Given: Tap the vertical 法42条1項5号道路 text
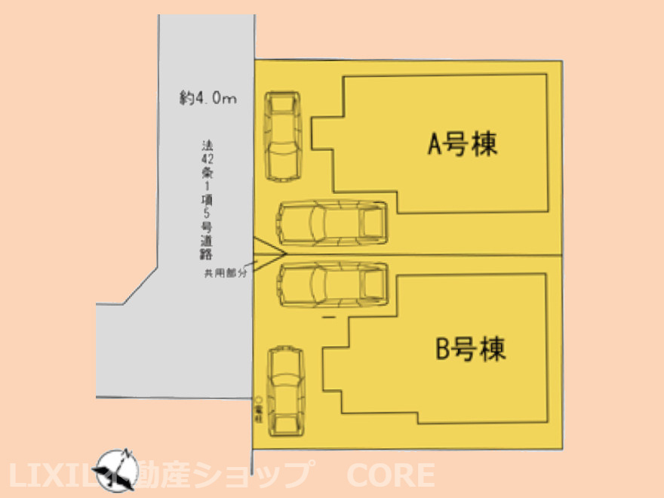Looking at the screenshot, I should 206,200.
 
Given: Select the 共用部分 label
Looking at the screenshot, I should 225,274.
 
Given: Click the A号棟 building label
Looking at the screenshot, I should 463,143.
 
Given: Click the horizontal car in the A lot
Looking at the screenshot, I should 331,223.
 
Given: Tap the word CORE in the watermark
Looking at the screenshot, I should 390,475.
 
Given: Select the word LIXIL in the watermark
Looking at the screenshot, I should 53,475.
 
